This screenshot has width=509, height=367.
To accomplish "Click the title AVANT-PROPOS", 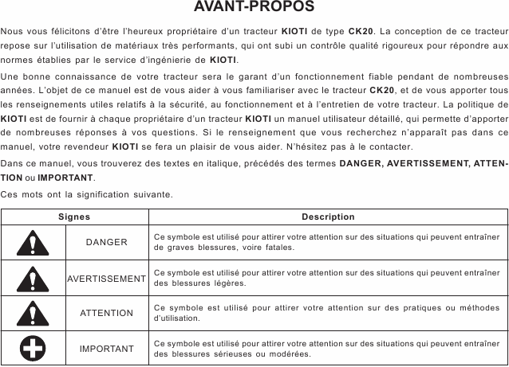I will tap(254, 8).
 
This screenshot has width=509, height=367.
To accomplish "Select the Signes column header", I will tap(74, 217).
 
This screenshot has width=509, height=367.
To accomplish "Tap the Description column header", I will tap(328, 217).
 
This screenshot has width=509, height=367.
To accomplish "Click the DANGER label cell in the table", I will tap(107, 242).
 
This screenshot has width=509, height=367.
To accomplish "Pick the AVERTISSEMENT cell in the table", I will tap(107, 278).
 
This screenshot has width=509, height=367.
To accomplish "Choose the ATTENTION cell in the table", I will tap(107, 313).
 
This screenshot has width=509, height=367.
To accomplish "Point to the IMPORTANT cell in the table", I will tap(107, 349).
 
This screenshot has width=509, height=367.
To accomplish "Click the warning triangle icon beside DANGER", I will tap(34, 242).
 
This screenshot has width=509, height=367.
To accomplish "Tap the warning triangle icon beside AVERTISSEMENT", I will tap(34, 278).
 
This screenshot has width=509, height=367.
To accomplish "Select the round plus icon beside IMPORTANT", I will tap(34, 349).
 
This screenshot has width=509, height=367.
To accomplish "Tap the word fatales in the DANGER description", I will tap(278, 248).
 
